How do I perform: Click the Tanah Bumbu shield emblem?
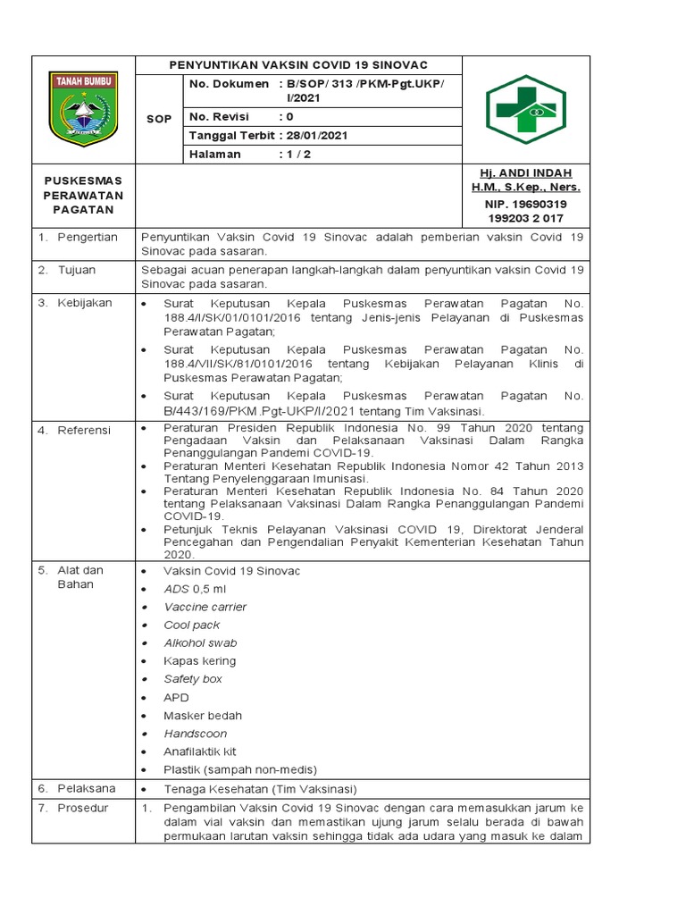(x=82, y=109)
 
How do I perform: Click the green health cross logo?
(x=526, y=110)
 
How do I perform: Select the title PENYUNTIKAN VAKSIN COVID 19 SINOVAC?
(x=298, y=65)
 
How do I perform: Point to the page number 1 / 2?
(x=292, y=155)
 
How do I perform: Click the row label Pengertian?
(x=88, y=238)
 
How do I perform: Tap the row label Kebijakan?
(x=85, y=303)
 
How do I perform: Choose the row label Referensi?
(x=84, y=431)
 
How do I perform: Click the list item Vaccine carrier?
(x=205, y=607)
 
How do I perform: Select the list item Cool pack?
(x=191, y=625)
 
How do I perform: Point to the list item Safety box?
(x=193, y=679)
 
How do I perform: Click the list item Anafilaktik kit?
(x=199, y=751)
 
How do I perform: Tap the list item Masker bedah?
(x=202, y=716)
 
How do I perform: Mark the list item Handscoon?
(x=195, y=734)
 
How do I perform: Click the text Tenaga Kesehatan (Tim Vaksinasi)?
(x=260, y=789)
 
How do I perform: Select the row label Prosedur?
(x=83, y=808)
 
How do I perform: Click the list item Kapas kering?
(x=199, y=661)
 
